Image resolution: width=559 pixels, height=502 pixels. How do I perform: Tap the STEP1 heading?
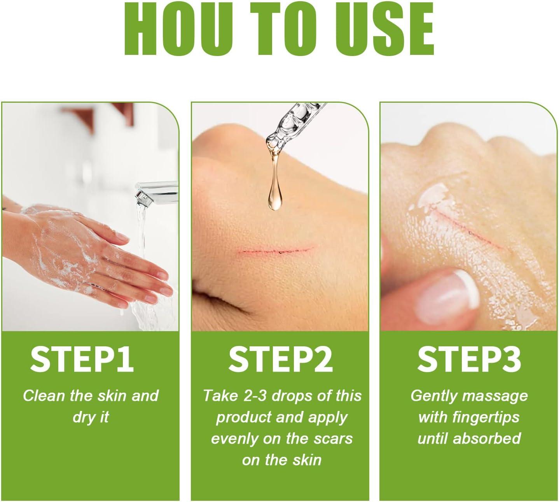pyautogui.click(x=82, y=360)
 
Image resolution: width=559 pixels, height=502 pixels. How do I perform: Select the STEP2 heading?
pyautogui.click(x=280, y=360)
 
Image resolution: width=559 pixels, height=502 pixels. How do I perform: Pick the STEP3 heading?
pyautogui.click(x=469, y=360)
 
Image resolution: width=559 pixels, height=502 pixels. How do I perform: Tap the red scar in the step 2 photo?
pyautogui.click(x=277, y=250)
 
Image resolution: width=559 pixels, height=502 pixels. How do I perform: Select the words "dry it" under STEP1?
pyautogui.click(x=91, y=417)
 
